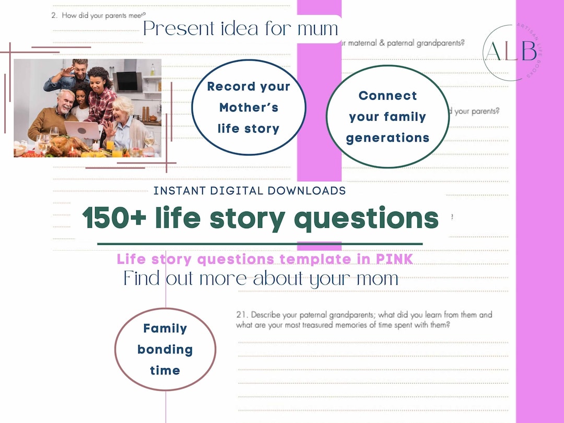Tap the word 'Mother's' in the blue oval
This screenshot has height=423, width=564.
[x=249, y=108]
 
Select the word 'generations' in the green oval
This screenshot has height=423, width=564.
[x=387, y=138]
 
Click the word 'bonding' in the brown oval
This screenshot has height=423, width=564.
[x=165, y=350]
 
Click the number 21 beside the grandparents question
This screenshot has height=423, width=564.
[x=241, y=315]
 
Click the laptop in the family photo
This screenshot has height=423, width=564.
[x=82, y=131]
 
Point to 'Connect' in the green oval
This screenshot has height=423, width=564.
[x=387, y=96]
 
